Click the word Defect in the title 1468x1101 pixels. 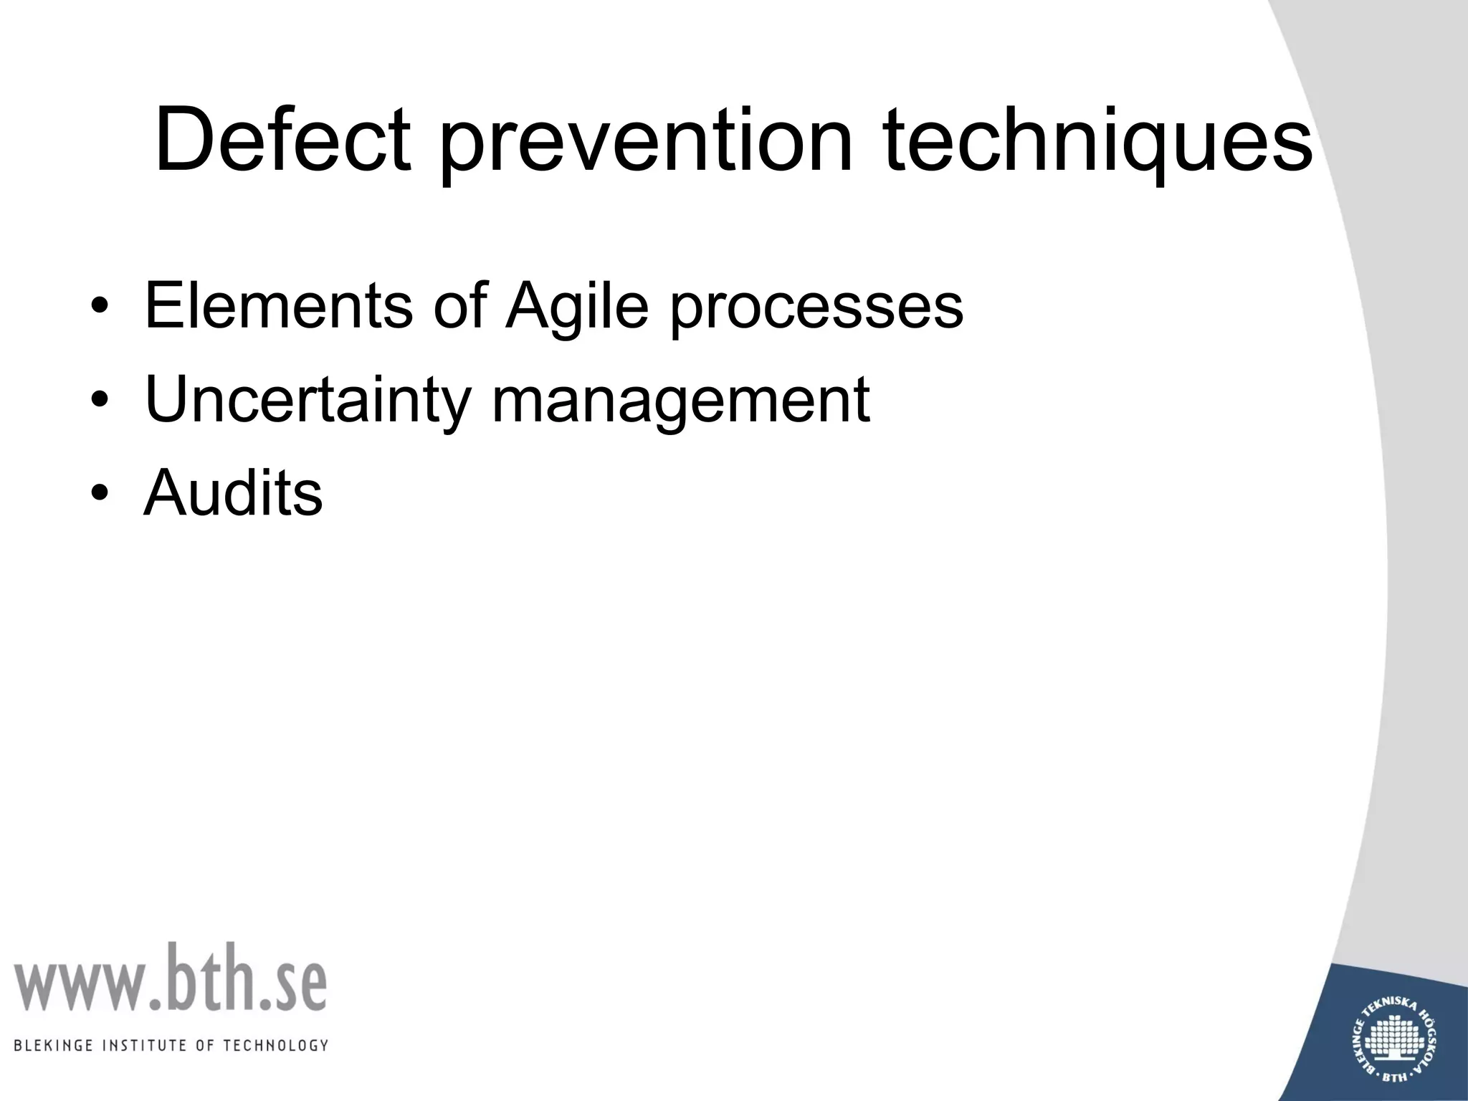283,140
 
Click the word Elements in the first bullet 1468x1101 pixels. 278,307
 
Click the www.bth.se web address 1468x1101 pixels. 170,978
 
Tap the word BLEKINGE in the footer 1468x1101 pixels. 54,1045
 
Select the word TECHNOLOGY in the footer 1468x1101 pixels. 275,1045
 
